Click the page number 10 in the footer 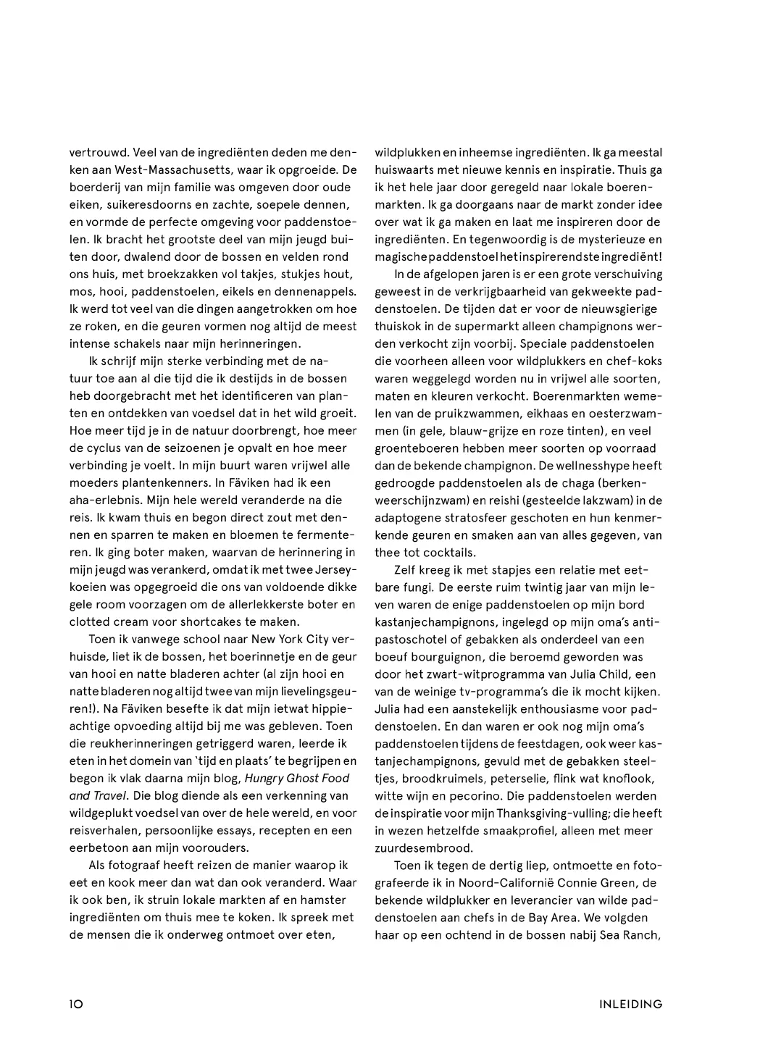pyautogui.click(x=77, y=1004)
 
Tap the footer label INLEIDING pyautogui.click(x=630, y=1004)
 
